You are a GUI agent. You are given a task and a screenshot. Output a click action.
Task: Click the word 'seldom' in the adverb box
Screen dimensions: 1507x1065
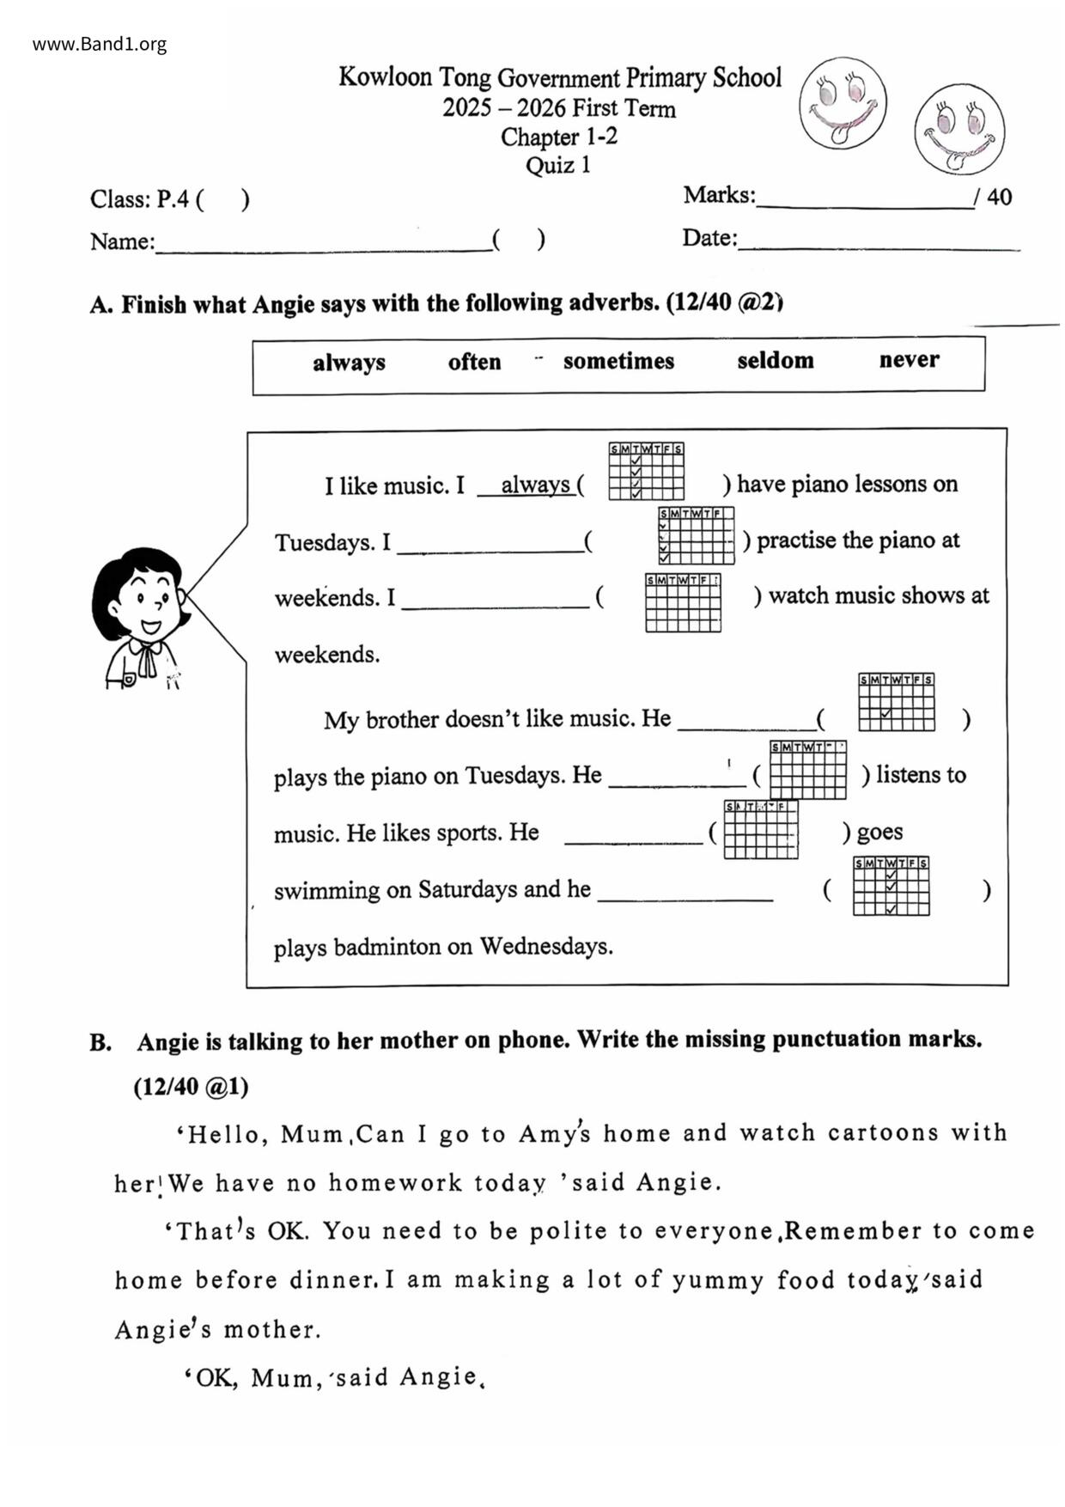[x=775, y=360]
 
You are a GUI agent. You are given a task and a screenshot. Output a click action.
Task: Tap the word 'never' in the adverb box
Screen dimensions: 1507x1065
[x=909, y=359]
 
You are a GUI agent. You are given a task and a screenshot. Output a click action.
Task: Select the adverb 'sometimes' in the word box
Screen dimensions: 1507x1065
[x=618, y=361]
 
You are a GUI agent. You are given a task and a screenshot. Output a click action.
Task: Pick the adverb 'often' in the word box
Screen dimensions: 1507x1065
[x=474, y=362]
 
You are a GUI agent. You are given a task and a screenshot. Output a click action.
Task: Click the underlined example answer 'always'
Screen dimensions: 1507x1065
[x=535, y=485]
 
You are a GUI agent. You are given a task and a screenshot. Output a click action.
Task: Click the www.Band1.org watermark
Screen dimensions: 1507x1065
[x=100, y=45]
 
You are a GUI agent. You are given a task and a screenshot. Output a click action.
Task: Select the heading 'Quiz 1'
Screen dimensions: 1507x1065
[x=558, y=165]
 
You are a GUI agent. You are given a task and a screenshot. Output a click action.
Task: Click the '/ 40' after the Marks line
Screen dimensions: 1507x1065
[x=993, y=198]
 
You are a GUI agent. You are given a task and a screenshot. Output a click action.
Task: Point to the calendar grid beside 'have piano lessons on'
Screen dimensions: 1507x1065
[x=646, y=471]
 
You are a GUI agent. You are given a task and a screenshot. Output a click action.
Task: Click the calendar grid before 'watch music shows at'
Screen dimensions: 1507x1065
[x=683, y=602]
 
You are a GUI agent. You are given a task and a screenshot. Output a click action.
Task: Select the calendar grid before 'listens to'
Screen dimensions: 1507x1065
[x=807, y=770]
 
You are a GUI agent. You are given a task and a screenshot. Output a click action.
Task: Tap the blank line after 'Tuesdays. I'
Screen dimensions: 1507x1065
[x=490, y=550]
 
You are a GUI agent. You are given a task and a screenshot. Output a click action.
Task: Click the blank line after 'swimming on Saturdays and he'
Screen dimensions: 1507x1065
[x=685, y=899]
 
